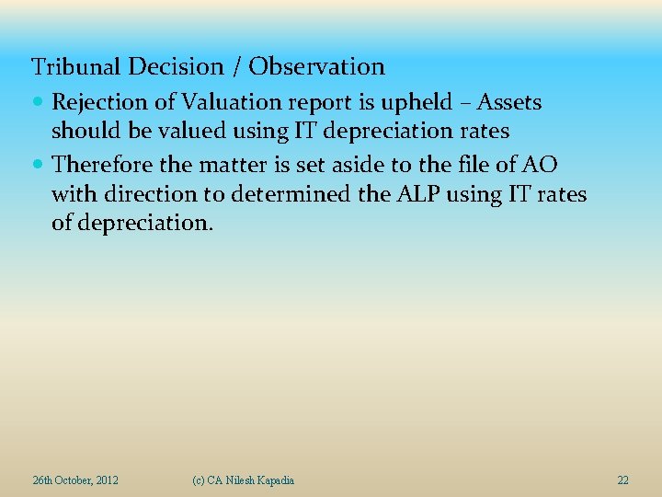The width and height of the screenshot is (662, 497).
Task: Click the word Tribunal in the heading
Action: click(77, 67)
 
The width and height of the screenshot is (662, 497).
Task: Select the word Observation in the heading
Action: click(317, 67)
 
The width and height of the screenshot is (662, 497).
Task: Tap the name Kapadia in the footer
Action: click(273, 480)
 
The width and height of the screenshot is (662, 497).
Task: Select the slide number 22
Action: click(623, 480)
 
